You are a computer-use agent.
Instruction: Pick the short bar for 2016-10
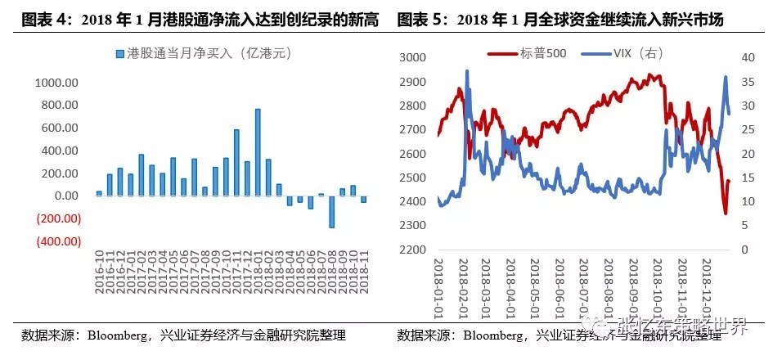pos(99,193)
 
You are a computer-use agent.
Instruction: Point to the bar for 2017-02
pos(142,174)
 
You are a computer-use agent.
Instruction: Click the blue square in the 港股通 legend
pos(119,55)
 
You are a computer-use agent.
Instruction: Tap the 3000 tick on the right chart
pos(414,57)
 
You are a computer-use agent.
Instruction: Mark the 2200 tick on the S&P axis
pos(414,250)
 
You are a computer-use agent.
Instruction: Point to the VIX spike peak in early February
pos(467,72)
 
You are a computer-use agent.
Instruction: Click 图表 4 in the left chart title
pos(42,17)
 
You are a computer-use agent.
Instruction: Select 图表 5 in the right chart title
pos(418,17)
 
